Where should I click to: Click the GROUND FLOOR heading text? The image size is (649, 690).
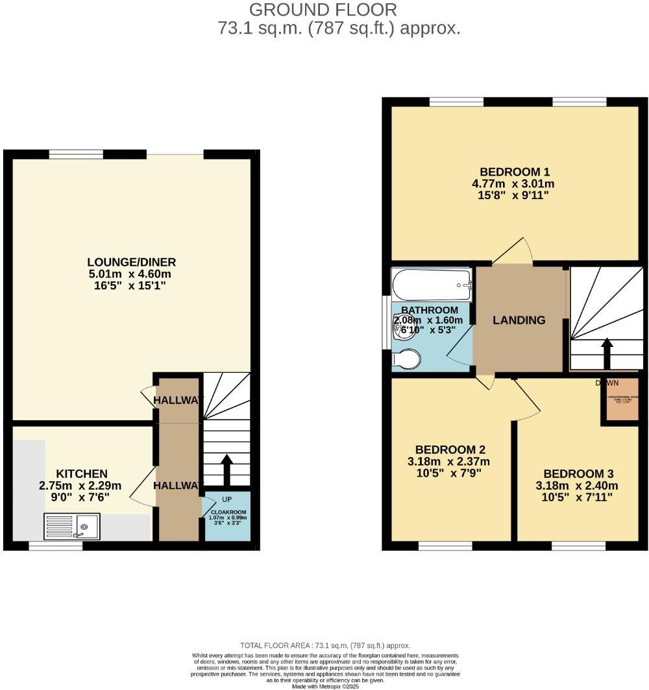pyautogui.click(x=323, y=10)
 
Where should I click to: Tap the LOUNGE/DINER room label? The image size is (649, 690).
pyautogui.click(x=132, y=262)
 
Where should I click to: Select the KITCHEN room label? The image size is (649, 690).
pyautogui.click(x=81, y=474)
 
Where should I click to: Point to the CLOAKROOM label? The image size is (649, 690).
pyautogui.click(x=227, y=512)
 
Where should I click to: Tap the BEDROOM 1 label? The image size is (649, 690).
pyautogui.click(x=515, y=172)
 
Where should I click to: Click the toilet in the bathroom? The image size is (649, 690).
pyautogui.click(x=406, y=359)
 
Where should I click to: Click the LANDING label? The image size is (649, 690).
pyautogui.click(x=519, y=320)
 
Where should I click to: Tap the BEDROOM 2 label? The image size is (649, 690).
pyautogui.click(x=450, y=449)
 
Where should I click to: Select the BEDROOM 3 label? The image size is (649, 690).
pyautogui.click(x=578, y=473)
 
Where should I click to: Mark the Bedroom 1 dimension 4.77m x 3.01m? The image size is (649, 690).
pyautogui.click(x=513, y=184)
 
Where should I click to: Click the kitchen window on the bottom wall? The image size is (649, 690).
pyautogui.click(x=56, y=546)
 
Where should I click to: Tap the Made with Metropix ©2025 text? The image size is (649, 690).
pyautogui.click(x=325, y=686)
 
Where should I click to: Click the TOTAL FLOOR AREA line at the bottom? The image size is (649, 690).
pyautogui.click(x=325, y=645)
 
